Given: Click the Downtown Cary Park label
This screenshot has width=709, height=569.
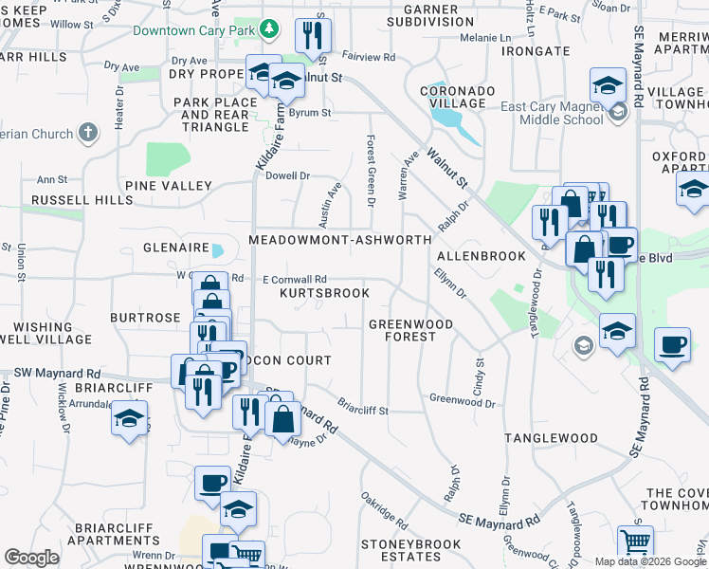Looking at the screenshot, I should (x=194, y=30).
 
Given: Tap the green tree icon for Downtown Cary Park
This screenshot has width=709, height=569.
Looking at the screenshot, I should (x=269, y=29).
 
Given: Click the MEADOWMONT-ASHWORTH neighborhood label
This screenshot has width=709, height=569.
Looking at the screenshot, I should (x=340, y=240).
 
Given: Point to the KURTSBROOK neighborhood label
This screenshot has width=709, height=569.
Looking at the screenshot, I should (x=325, y=293).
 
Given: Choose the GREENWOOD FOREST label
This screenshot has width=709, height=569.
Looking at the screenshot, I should (x=410, y=330).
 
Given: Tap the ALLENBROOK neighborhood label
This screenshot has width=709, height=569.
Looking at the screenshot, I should (x=482, y=256).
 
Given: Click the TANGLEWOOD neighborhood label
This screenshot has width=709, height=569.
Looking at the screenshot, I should (x=551, y=438).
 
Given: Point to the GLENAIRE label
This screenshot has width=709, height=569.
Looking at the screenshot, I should (x=175, y=247).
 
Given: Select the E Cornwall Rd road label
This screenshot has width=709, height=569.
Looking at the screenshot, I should (x=295, y=280).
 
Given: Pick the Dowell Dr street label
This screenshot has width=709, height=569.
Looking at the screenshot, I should (x=288, y=175).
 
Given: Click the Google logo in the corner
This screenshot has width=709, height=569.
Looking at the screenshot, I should (x=31, y=558).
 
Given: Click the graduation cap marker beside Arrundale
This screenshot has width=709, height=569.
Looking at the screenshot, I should (x=129, y=418).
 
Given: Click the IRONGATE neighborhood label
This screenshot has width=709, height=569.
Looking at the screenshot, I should (x=536, y=51).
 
